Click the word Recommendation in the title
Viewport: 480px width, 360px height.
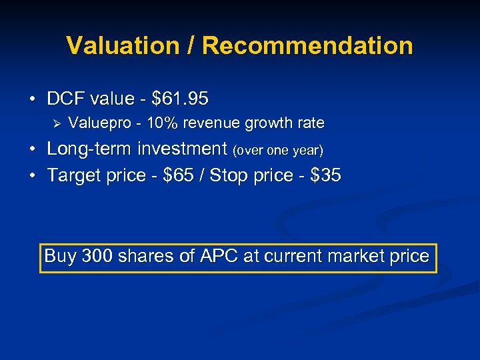(307, 46)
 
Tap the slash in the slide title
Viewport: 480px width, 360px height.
(191, 46)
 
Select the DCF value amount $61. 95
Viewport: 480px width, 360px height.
(180, 99)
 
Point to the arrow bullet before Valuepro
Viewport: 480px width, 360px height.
(56, 123)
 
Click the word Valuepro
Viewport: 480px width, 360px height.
(96, 123)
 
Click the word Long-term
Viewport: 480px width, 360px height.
(89, 149)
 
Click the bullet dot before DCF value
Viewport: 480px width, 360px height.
(33, 100)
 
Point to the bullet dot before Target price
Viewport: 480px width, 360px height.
(33, 176)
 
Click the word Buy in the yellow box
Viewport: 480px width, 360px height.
(60, 257)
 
